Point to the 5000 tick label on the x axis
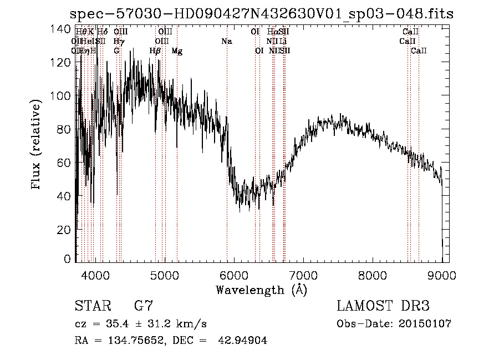pos(164,274)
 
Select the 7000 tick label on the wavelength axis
pos(303,274)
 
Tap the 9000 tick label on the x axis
pos(442,274)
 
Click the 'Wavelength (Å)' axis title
pos(261,290)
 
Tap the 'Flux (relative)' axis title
pos(37,145)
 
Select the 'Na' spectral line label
pos(226,42)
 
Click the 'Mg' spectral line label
pos(177,51)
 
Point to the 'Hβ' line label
pos(155,51)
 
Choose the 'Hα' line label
pos(272,32)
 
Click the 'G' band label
pos(116,51)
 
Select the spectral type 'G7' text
pos(143,306)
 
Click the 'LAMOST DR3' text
pos(383,306)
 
